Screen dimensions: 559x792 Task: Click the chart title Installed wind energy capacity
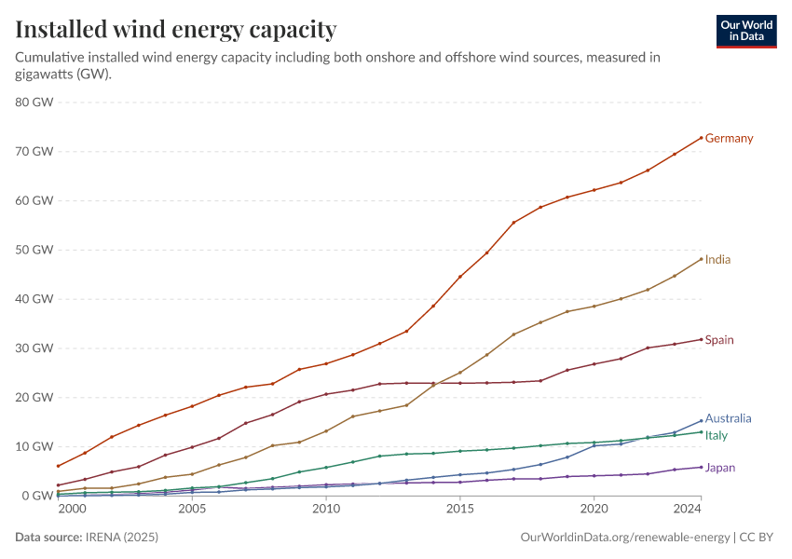click(x=176, y=30)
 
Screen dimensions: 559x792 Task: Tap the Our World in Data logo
click(x=745, y=31)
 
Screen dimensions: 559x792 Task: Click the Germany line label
click(x=729, y=139)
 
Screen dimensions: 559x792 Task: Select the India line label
click(x=717, y=260)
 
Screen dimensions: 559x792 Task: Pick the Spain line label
click(x=719, y=340)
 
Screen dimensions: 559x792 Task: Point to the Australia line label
click(x=728, y=419)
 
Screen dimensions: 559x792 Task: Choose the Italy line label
click(x=716, y=436)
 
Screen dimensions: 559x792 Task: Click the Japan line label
click(x=719, y=468)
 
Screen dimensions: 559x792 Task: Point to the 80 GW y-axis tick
click(x=34, y=102)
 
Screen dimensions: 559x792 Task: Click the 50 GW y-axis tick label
click(x=34, y=250)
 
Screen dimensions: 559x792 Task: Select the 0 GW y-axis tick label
click(x=38, y=496)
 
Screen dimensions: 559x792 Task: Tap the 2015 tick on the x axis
click(x=459, y=510)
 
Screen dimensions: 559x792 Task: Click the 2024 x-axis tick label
click(x=688, y=510)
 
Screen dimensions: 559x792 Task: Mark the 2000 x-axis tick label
click(x=72, y=510)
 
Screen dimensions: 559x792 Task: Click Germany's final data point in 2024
click(x=701, y=138)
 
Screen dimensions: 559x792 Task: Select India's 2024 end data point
click(x=701, y=259)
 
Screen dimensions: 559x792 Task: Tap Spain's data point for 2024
click(x=701, y=339)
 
